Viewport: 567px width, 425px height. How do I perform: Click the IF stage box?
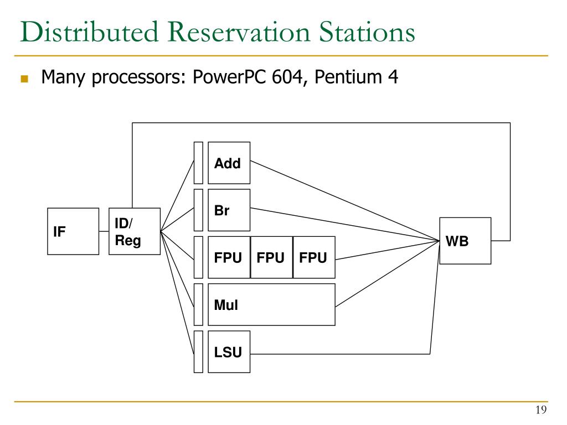point(73,231)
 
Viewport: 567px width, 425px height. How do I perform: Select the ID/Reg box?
point(135,231)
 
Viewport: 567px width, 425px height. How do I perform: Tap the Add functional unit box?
point(229,163)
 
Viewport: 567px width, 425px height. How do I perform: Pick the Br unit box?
point(229,210)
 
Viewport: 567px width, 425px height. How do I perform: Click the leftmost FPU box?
point(229,257)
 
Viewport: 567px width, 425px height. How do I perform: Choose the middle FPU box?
point(271,257)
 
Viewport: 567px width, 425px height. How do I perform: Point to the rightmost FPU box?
point(314,257)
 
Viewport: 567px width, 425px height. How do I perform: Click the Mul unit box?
point(271,305)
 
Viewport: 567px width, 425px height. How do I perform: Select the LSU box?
point(229,351)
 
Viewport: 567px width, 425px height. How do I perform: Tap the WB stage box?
point(465,241)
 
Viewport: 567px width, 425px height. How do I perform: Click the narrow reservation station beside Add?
point(198,163)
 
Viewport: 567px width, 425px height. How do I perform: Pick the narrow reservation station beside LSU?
point(198,351)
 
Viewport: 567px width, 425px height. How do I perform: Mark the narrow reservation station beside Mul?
point(198,305)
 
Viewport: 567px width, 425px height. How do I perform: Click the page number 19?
point(541,410)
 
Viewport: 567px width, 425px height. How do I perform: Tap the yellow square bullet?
point(24,79)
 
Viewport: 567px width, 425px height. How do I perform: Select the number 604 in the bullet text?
point(287,76)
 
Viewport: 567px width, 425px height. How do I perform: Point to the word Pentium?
point(348,76)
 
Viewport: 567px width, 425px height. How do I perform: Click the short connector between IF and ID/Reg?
point(104,231)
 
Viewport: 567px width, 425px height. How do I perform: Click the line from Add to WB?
point(345,200)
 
